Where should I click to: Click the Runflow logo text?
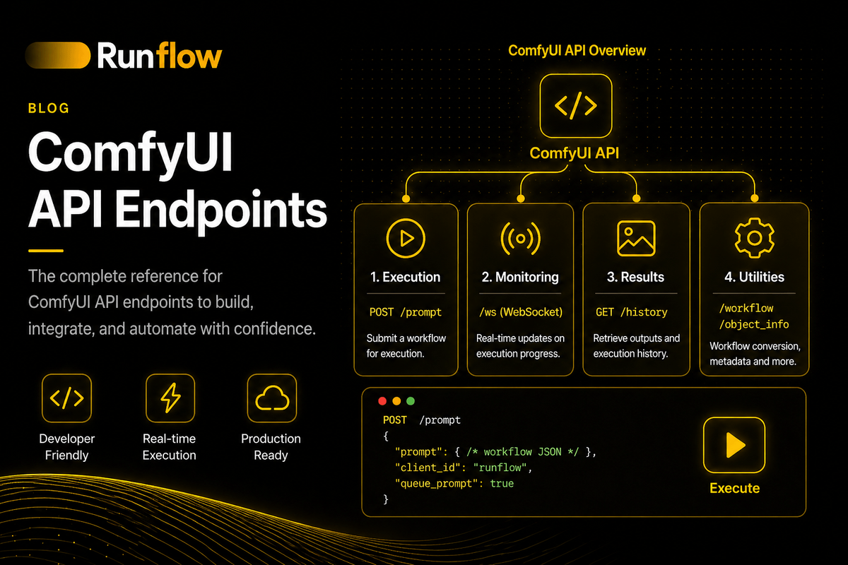[x=159, y=56]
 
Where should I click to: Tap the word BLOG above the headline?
[x=49, y=108]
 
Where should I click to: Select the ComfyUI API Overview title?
[x=577, y=51]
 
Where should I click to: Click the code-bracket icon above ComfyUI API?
[x=575, y=106]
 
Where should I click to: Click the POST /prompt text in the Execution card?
[x=405, y=311]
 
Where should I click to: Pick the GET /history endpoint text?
[x=631, y=311]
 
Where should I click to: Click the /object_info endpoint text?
[x=753, y=324]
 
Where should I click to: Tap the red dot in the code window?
[x=382, y=400]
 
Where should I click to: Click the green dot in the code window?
[x=411, y=400]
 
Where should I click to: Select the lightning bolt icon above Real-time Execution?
[x=170, y=399]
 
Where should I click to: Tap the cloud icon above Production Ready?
[x=271, y=399]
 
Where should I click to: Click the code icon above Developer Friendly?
[x=66, y=399]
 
